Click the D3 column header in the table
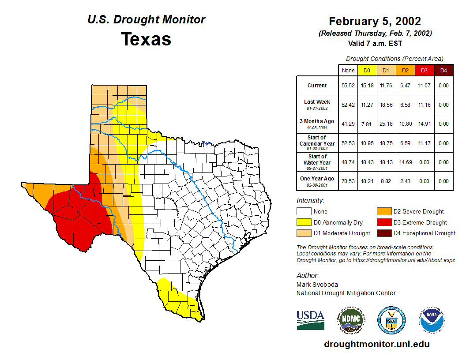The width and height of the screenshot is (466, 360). click(x=424, y=71)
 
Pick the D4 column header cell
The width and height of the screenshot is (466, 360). click(x=443, y=71)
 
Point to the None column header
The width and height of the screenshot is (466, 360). click(x=348, y=71)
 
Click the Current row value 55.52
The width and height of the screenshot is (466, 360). click(x=348, y=86)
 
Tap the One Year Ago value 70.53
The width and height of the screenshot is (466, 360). click(x=348, y=181)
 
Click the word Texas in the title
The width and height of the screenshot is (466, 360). click(x=146, y=39)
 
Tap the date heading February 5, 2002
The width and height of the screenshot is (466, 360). click(x=375, y=21)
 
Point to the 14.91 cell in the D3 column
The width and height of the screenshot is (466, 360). click(x=424, y=124)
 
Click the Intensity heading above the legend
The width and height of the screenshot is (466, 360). click(x=310, y=201)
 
